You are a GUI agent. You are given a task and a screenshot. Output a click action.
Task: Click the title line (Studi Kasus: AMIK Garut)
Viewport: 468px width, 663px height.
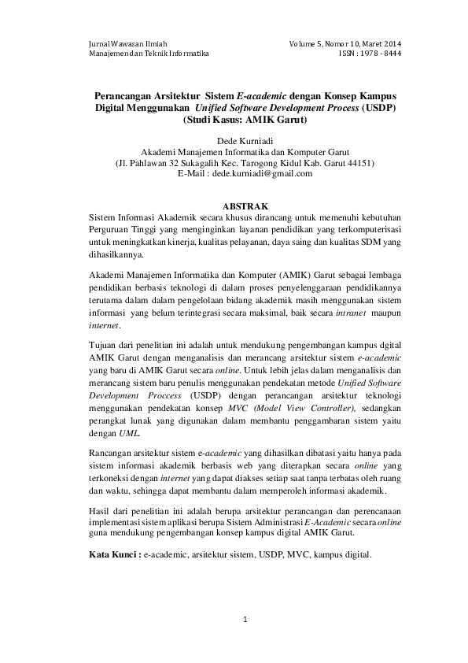[x=244, y=120]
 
